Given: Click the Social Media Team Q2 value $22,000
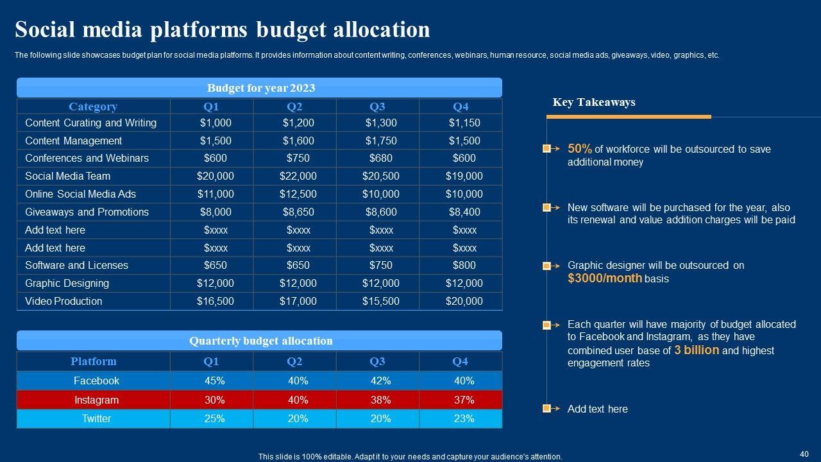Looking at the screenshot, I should pyautogui.click(x=298, y=176).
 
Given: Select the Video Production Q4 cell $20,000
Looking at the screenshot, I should pyautogui.click(x=464, y=301).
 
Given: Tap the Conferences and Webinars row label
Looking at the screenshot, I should pyautogui.click(x=87, y=158).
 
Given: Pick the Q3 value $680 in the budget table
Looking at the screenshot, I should pyautogui.click(x=381, y=158).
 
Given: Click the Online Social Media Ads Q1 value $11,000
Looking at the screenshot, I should pyautogui.click(x=215, y=194).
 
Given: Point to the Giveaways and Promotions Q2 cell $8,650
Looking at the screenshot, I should pyautogui.click(x=298, y=212).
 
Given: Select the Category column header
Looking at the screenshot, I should pyautogui.click(x=93, y=107).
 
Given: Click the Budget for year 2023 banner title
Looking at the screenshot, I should pyautogui.click(x=260, y=88).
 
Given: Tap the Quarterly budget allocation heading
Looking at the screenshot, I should pyautogui.click(x=260, y=341).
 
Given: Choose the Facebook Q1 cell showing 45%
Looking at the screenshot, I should pyautogui.click(x=214, y=381).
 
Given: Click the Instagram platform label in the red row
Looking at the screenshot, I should pyautogui.click(x=96, y=400).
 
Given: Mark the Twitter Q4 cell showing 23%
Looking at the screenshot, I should pyautogui.click(x=464, y=418).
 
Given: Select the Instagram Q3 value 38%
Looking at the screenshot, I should pyautogui.click(x=380, y=400).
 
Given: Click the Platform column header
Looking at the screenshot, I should pyautogui.click(x=94, y=361).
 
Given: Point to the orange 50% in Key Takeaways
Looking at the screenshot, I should pyautogui.click(x=579, y=148).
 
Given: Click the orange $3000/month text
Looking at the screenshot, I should pyautogui.click(x=604, y=278).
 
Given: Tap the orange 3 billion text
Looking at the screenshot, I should pyautogui.click(x=697, y=350).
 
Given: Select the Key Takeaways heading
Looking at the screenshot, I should pyautogui.click(x=594, y=102).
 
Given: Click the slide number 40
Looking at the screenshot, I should pyautogui.click(x=804, y=453).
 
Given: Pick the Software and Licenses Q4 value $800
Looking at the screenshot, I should pyautogui.click(x=464, y=265).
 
